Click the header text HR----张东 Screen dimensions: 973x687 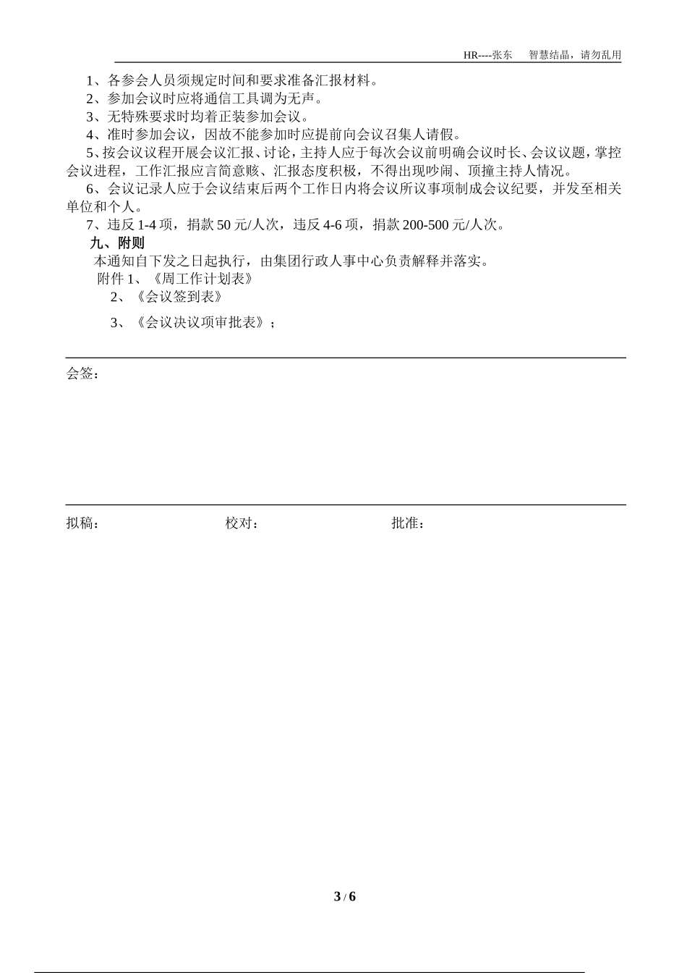(x=487, y=55)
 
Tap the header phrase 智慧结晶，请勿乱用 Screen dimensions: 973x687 (x=575, y=55)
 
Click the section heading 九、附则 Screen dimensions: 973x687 (x=117, y=243)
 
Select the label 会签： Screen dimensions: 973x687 (x=82, y=374)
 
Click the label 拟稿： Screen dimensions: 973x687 (x=82, y=523)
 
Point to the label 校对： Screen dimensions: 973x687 (x=242, y=523)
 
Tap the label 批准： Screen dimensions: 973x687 (x=408, y=523)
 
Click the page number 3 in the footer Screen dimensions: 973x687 (x=337, y=896)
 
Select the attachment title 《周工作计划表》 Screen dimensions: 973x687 (x=205, y=279)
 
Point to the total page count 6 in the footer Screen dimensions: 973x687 (x=352, y=896)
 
